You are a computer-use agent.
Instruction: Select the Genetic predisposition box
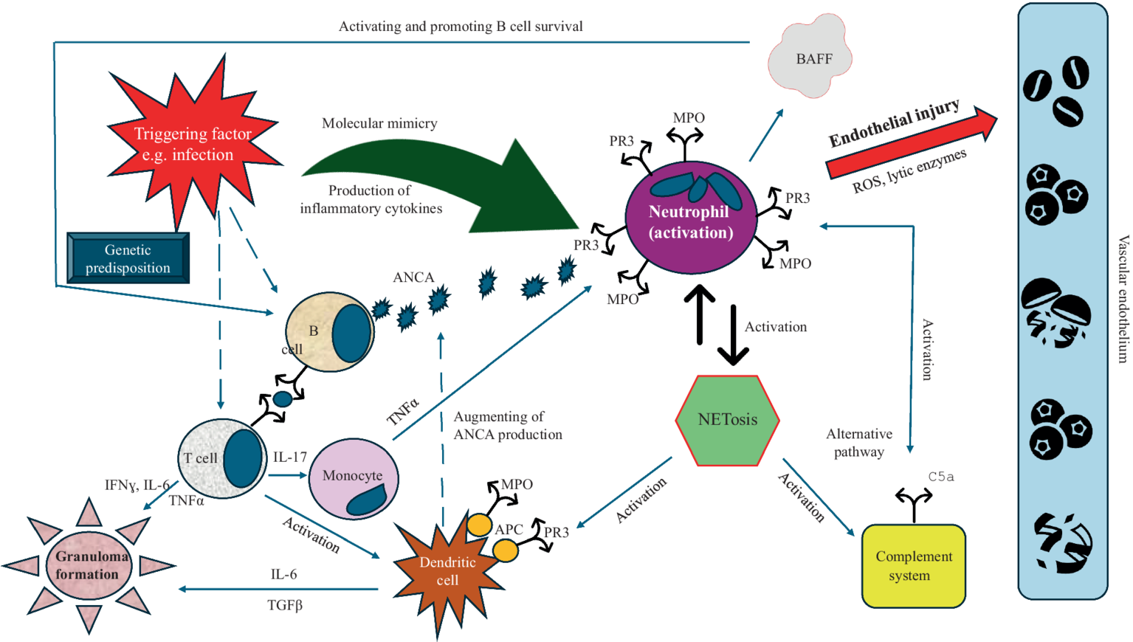click(x=128, y=258)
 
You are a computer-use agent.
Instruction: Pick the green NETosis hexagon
click(x=727, y=420)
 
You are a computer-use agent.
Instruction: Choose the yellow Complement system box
click(x=913, y=566)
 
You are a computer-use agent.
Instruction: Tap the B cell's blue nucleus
click(x=351, y=333)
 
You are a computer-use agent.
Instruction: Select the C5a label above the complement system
click(x=940, y=477)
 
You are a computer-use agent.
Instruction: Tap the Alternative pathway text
click(x=858, y=443)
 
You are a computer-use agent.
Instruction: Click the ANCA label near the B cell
click(x=413, y=277)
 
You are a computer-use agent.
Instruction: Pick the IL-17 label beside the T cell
click(x=289, y=457)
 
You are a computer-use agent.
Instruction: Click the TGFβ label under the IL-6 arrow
click(x=285, y=605)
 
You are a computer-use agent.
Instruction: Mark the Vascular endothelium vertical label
click(x=1123, y=299)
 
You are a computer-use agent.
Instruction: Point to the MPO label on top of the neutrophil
click(x=688, y=118)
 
